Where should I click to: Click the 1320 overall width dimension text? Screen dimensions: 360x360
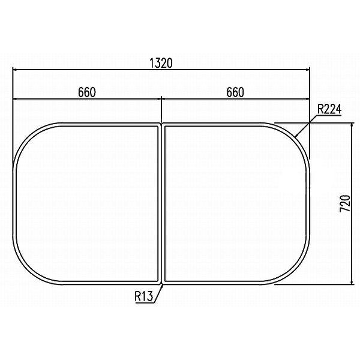[161, 62]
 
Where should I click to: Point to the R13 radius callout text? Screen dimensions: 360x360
[145, 295]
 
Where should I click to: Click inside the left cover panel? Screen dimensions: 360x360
[87, 204]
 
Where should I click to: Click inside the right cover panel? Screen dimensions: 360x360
[235, 204]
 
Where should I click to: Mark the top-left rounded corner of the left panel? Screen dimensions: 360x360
[27, 139]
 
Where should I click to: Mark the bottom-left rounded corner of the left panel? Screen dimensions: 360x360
[27, 269]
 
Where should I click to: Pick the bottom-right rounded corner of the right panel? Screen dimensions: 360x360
[296, 270]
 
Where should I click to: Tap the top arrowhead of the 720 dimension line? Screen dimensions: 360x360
[350, 128]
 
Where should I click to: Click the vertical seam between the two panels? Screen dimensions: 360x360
[161, 204]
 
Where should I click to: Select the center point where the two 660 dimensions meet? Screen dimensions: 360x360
[161, 99]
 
